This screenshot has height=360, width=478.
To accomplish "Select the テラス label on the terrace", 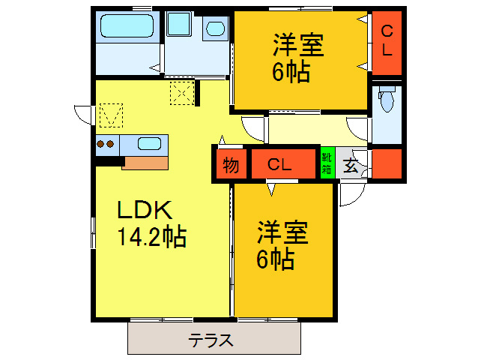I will click(211, 340).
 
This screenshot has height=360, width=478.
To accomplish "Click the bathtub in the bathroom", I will click(126, 28).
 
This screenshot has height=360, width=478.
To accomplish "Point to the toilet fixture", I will click(387, 100).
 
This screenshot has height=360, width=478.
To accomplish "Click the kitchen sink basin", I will click(149, 143).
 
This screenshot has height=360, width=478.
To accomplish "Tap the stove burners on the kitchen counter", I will click(105, 143).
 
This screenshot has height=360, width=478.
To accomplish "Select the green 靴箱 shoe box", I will click(327, 163).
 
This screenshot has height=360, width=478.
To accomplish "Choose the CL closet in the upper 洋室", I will click(387, 41).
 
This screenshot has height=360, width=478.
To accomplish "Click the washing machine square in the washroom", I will click(179, 23).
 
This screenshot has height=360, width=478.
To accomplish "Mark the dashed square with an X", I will click(182, 94).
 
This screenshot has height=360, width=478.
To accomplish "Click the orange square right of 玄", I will click(387, 163).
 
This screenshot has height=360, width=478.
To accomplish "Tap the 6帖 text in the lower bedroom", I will click(275, 259).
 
